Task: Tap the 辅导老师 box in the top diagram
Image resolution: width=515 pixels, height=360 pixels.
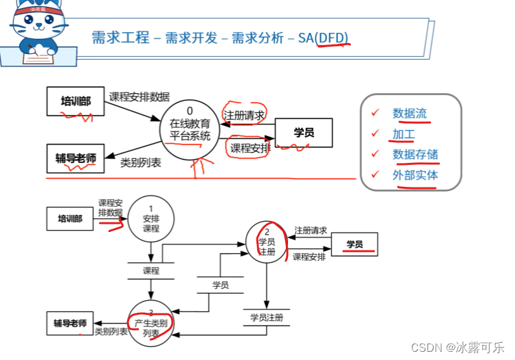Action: (76, 158)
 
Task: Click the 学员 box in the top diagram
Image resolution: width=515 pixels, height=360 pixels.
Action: (304, 133)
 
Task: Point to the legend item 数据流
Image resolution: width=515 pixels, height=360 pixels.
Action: (410, 113)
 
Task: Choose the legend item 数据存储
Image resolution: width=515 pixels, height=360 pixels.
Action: (415, 154)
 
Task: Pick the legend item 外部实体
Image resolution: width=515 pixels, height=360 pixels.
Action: (415, 175)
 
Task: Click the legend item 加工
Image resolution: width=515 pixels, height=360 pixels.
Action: (404, 133)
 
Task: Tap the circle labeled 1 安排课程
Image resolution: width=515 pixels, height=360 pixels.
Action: (151, 219)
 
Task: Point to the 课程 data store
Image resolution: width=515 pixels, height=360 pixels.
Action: (151, 270)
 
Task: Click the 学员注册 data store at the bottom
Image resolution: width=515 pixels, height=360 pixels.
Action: (266, 318)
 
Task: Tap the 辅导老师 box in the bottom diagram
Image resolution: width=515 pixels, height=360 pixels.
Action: (70, 322)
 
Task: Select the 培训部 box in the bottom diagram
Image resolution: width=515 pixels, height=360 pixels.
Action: (70, 219)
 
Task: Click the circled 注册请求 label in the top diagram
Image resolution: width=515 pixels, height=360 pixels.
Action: (244, 114)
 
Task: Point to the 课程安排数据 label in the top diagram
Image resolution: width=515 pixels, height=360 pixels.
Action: (140, 97)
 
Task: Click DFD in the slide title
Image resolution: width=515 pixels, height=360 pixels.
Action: (333, 37)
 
